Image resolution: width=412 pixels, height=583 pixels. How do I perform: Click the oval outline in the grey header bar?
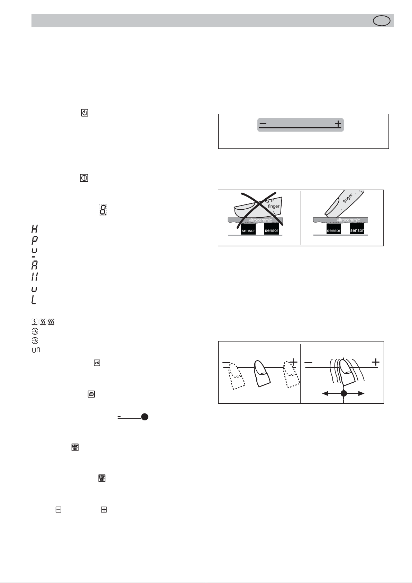(x=382, y=16)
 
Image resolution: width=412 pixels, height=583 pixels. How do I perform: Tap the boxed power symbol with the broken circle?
(x=85, y=113)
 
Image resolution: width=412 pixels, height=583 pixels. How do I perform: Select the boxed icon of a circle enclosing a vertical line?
(x=84, y=178)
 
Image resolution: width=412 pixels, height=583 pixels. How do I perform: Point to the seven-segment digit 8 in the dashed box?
(x=103, y=210)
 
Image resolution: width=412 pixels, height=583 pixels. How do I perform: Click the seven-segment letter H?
(x=34, y=229)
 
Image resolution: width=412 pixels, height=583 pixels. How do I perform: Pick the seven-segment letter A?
(x=34, y=265)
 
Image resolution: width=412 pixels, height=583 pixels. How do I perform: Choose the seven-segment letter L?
(x=34, y=300)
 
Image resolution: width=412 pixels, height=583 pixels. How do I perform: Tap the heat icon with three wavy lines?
(x=51, y=322)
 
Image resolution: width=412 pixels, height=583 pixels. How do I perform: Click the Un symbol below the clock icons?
(x=36, y=350)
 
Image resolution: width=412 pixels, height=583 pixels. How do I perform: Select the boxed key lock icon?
(x=97, y=363)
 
